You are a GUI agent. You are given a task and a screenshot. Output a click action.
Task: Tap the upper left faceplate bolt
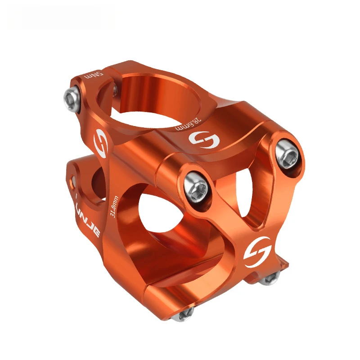pyautogui.click(x=197, y=185)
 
